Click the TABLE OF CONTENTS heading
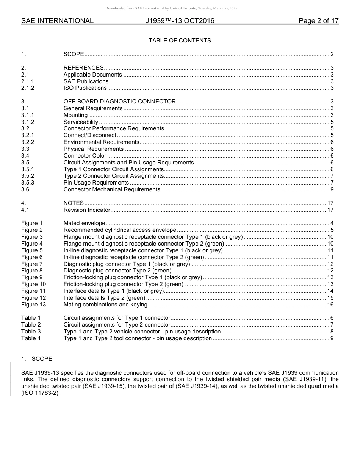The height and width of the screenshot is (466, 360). [180, 41]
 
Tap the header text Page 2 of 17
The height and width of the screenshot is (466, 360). [318, 21]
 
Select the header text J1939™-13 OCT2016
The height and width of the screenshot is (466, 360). [180, 21]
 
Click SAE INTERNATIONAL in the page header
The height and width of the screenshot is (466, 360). [57, 21]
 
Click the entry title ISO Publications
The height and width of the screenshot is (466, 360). [85, 88]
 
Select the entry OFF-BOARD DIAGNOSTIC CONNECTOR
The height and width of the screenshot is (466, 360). [119, 102]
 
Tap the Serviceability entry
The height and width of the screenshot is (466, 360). [81, 122]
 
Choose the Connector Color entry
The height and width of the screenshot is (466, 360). [85, 156]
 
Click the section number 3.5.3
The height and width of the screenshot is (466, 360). [28, 183]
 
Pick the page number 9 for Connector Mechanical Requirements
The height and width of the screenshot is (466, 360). [332, 189]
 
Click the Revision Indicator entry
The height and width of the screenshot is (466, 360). [87, 210]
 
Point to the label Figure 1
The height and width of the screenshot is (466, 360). [32, 223]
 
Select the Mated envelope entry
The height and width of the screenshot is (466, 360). [84, 223]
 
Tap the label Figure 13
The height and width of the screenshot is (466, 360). [33, 305]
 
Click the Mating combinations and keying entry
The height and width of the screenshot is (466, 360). [105, 305]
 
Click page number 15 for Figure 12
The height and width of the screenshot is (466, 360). [330, 298]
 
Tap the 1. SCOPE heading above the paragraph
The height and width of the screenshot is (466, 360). [37, 359]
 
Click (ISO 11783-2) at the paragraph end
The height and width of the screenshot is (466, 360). [41, 393]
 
